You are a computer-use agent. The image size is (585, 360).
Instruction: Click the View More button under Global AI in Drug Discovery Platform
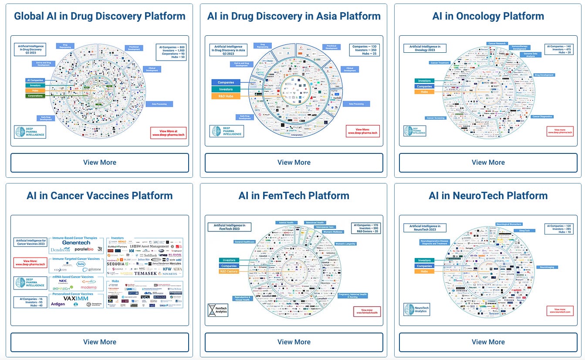click(100, 163)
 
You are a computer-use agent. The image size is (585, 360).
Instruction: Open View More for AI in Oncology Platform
click(488, 163)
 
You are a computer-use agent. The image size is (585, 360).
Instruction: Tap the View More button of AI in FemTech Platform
click(294, 342)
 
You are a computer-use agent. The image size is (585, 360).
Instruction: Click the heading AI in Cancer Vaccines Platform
click(100, 196)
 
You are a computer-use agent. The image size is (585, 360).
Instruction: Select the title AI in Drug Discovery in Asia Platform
click(294, 17)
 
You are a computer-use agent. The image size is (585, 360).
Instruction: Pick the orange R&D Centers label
click(229, 272)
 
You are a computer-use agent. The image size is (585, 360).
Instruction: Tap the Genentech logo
click(76, 242)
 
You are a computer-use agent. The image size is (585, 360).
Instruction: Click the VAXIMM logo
click(73, 299)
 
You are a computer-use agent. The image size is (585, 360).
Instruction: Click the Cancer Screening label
click(436, 118)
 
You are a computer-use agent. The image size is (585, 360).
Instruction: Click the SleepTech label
click(524, 231)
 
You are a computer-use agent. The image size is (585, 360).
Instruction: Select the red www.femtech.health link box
click(367, 311)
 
